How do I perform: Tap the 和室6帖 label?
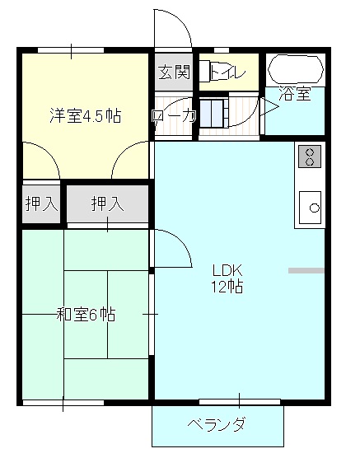[86, 314]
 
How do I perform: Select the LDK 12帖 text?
[227, 278]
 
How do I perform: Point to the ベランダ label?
[217, 426]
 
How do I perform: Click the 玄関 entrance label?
[174, 72]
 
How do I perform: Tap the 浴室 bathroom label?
[295, 94]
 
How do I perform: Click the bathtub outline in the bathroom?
[297, 68]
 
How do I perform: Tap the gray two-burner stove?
[310, 157]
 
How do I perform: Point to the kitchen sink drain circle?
[315, 208]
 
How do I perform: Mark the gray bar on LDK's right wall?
[306, 269]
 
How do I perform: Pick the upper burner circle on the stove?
[310, 152]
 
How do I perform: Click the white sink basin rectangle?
[310, 207]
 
